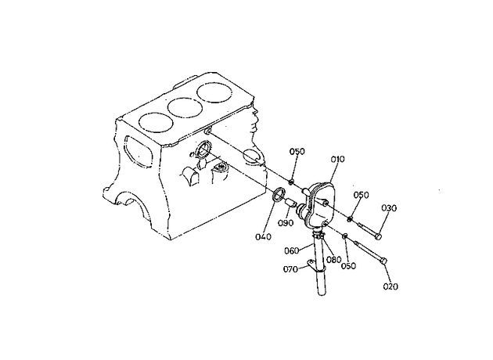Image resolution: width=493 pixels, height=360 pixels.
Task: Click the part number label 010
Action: pyautogui.click(x=337, y=159)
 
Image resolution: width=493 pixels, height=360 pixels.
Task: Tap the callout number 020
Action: pyautogui.click(x=390, y=286)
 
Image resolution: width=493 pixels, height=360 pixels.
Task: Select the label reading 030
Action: pyautogui.click(x=389, y=208)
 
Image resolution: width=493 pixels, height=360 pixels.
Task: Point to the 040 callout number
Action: pyautogui.click(x=263, y=236)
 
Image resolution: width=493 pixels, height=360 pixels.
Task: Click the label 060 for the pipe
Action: pyautogui.click(x=291, y=251)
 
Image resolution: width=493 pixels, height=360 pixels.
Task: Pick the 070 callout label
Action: pyautogui.click(x=290, y=269)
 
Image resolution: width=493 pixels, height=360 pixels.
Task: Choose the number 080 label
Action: pyautogui.click(x=333, y=260)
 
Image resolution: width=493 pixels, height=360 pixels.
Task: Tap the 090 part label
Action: pyautogui.click(x=286, y=223)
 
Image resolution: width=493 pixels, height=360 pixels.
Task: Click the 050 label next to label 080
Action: pyautogui.click(x=349, y=265)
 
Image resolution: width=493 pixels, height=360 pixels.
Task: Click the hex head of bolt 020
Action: pyautogui.click(x=384, y=261)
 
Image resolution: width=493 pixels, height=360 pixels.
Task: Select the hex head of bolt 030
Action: pyautogui.click(x=379, y=236)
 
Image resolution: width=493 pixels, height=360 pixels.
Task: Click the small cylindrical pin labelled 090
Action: pyautogui.click(x=291, y=203)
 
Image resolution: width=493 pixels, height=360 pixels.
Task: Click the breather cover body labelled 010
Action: pyautogui.click(x=318, y=202)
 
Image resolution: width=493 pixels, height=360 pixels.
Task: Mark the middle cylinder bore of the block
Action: pyautogui.click(x=185, y=108)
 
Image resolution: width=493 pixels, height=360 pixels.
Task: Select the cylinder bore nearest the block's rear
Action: pyautogui.click(x=215, y=92)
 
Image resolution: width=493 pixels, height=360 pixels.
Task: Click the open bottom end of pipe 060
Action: pyautogui.click(x=322, y=293)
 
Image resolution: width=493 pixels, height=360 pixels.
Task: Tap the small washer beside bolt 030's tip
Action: pyautogui.click(x=350, y=218)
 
